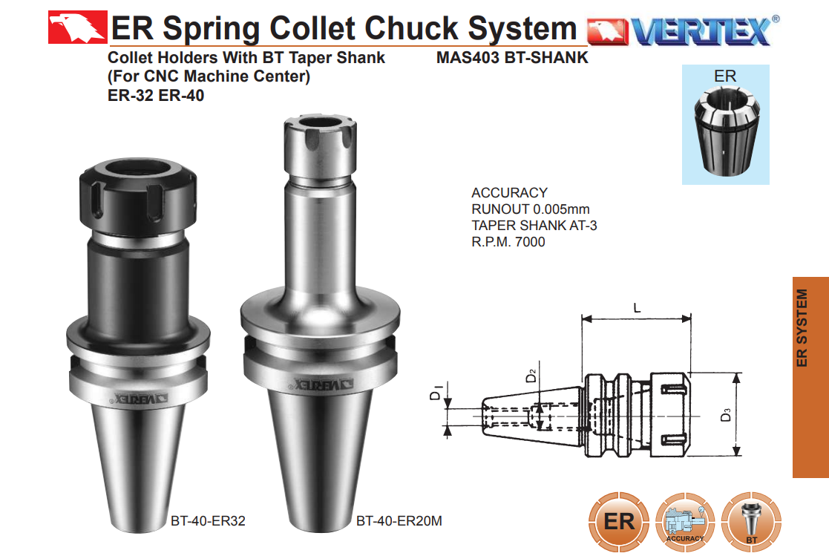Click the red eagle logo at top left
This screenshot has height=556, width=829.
[78, 27]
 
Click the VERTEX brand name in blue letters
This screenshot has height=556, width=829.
[701, 31]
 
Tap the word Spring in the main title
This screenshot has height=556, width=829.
[212, 28]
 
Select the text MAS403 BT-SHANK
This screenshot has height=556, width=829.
[512, 57]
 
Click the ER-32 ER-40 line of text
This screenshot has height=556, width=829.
[155, 95]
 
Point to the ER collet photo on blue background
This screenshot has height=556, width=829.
[725, 125]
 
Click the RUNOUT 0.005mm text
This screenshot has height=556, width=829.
[531, 209]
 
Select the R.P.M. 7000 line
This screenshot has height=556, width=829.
[508, 242]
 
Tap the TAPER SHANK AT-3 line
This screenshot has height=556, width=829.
[534, 226]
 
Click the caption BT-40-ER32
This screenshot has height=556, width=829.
[208, 521]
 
